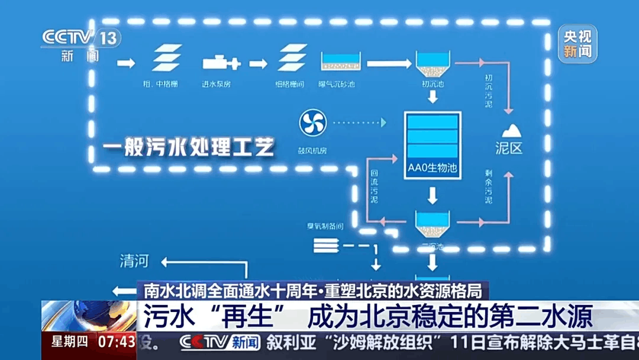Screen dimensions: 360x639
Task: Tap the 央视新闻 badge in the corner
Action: (577, 44)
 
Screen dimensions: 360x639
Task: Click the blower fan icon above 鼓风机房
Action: (312, 123)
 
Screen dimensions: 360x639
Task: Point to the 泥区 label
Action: (508, 148)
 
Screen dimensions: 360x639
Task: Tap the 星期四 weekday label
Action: (69, 342)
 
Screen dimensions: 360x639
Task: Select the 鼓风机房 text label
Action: (312, 150)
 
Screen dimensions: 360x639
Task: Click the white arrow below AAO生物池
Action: (433, 195)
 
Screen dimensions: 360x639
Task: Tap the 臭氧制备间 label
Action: (324, 226)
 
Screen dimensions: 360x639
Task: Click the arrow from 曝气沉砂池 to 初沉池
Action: (388, 62)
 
